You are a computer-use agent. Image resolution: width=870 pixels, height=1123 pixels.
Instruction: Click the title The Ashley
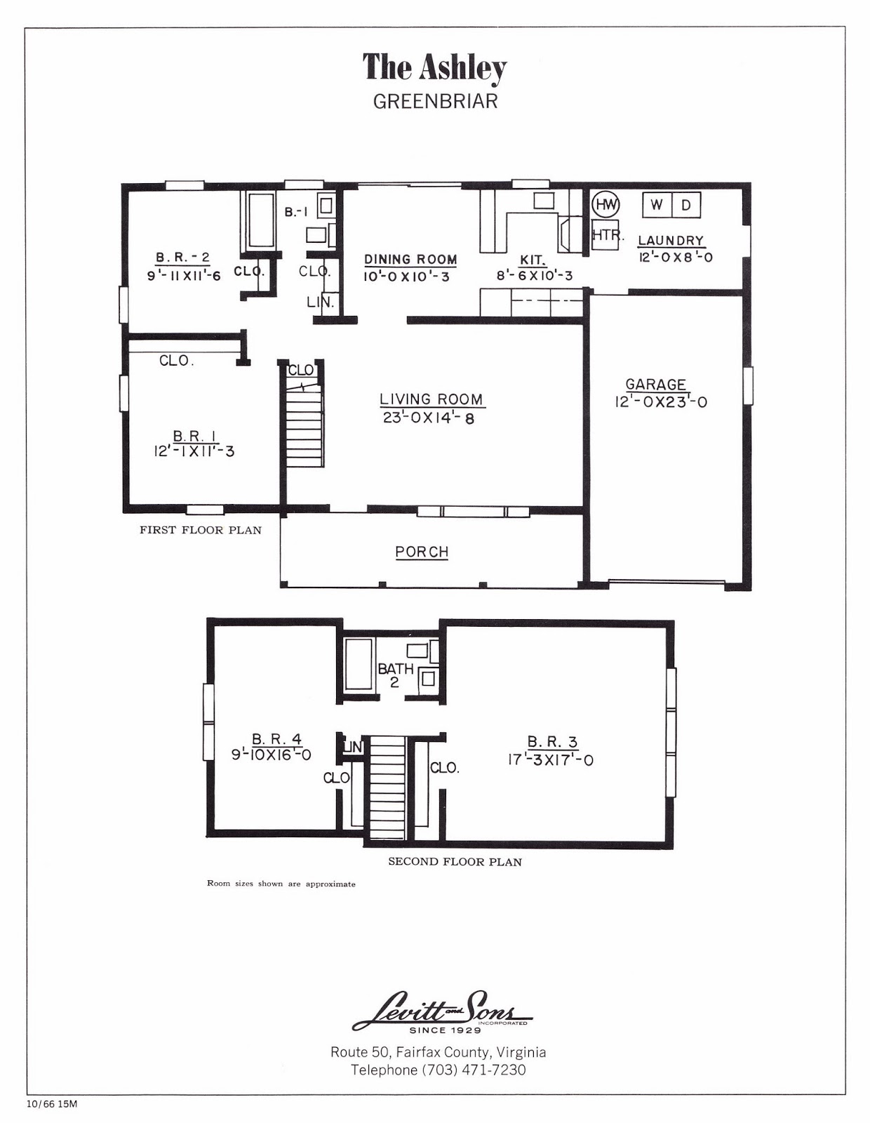pyautogui.click(x=434, y=68)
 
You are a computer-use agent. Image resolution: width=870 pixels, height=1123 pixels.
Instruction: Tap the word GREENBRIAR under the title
pyautogui.click(x=435, y=101)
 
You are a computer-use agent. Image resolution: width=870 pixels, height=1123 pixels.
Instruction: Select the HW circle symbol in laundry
pyautogui.click(x=605, y=205)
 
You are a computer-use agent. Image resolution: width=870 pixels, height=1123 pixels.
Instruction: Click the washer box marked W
pyautogui.click(x=657, y=205)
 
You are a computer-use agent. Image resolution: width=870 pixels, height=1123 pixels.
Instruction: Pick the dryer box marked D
pyautogui.click(x=686, y=205)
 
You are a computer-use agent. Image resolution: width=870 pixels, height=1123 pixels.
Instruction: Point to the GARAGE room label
pyautogui.click(x=655, y=385)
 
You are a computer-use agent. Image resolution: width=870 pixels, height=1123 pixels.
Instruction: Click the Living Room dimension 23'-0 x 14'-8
pyautogui.click(x=431, y=418)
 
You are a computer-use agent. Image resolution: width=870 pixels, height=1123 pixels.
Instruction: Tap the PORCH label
pyautogui.click(x=422, y=552)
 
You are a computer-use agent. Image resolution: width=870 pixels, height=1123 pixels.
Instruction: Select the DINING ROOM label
pyautogui.click(x=410, y=260)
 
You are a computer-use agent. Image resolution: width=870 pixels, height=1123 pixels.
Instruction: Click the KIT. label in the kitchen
pyautogui.click(x=533, y=260)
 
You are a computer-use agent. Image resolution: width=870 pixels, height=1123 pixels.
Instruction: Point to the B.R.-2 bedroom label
pyautogui.click(x=182, y=258)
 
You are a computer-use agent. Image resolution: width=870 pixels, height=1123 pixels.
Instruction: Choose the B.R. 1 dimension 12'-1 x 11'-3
pyautogui.click(x=194, y=451)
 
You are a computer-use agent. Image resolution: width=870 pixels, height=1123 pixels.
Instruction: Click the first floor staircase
pyautogui.click(x=304, y=428)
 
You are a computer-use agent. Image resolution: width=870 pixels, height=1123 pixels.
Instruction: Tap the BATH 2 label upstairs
pyautogui.click(x=395, y=675)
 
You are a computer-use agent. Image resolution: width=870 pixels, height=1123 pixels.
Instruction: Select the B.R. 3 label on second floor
pyautogui.click(x=552, y=742)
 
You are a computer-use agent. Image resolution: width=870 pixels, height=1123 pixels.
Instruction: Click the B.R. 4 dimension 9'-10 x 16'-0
pyautogui.click(x=271, y=755)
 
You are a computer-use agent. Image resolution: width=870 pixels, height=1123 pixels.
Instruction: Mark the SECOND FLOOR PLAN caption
pyautogui.click(x=455, y=861)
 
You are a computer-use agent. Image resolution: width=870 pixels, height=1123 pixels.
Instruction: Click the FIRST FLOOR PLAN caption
pyautogui.click(x=200, y=530)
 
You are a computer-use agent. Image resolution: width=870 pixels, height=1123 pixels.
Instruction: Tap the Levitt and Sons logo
pyautogui.click(x=441, y=1011)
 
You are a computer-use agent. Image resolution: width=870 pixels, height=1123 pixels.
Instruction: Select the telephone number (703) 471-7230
pyautogui.click(x=474, y=1070)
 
